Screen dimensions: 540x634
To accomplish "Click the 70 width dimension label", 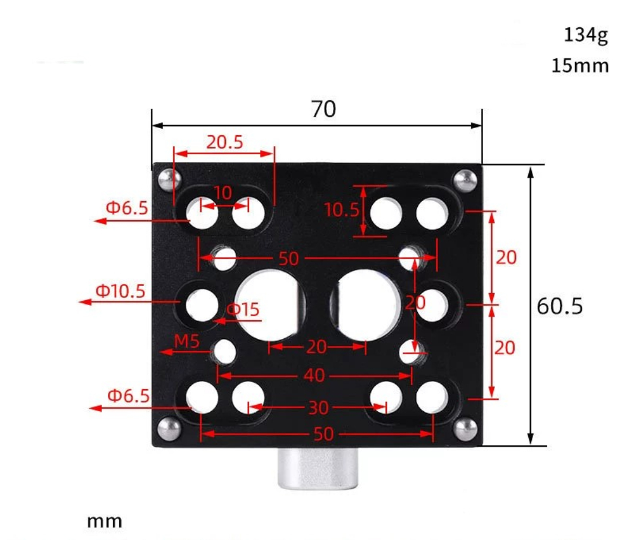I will pos(323,110).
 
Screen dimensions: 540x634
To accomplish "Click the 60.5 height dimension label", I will pos(559,306).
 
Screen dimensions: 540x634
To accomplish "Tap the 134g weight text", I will pos(585,36).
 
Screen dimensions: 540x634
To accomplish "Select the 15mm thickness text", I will pos(579,65).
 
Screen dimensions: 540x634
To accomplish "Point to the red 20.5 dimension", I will pos(224,142).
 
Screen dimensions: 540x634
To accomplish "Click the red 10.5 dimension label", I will pos(342,209).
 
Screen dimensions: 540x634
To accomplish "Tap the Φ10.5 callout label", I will pos(120,291).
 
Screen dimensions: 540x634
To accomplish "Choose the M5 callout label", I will pos(187,342).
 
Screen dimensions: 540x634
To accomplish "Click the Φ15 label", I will pos(242,310).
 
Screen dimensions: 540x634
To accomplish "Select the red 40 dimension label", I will pos(314,376).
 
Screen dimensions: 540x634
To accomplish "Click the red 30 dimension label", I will pos(318,407).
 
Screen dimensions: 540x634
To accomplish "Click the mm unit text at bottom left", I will pos(105,522).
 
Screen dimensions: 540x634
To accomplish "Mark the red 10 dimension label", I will pos(223,193).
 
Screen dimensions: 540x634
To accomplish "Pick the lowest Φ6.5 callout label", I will pos(128,396).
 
